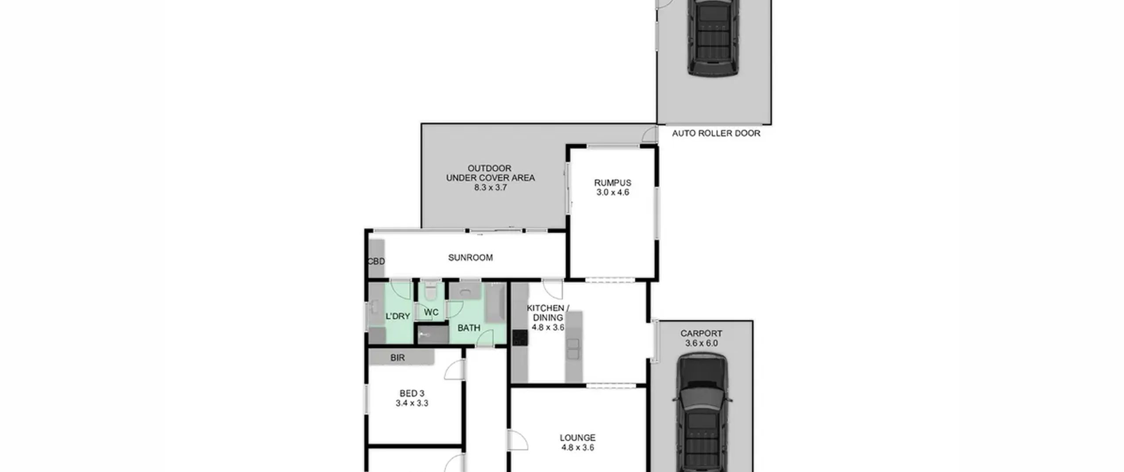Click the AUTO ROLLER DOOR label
(x=716, y=133)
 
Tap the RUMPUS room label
(x=612, y=183)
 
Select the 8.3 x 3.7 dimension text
(x=490, y=187)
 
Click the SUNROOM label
(x=470, y=258)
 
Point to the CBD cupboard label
(x=376, y=262)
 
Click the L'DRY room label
(x=398, y=316)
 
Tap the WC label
(x=431, y=312)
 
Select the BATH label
(x=469, y=328)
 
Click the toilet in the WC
(x=431, y=289)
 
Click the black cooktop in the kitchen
(x=520, y=337)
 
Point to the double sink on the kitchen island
(x=573, y=349)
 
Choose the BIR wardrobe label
(x=397, y=358)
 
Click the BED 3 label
(x=412, y=394)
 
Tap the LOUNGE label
(x=577, y=438)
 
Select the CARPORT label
(x=701, y=334)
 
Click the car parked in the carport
(x=702, y=413)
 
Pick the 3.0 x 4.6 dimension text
(x=612, y=192)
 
